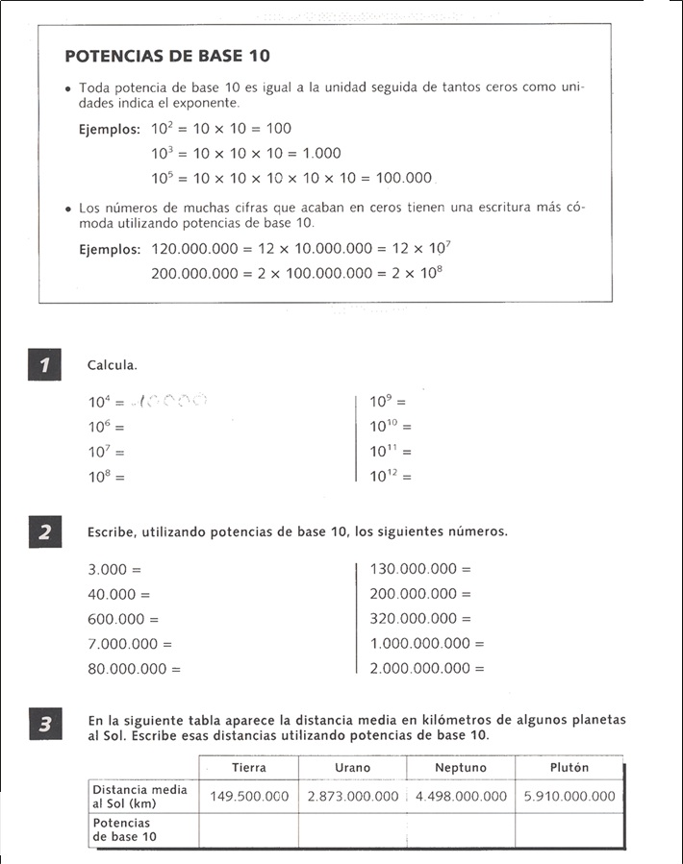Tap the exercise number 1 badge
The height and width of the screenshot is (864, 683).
(45, 365)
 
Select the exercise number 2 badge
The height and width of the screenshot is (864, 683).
(45, 531)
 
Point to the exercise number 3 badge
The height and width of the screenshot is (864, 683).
(45, 726)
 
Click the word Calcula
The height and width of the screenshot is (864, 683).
(113, 365)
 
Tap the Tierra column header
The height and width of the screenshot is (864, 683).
(249, 768)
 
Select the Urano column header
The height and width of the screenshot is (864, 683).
(352, 768)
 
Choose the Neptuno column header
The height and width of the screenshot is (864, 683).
(461, 768)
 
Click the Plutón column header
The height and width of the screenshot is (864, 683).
(569, 768)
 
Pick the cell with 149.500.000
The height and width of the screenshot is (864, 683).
(249, 796)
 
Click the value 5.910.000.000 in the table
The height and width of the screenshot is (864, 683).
(569, 796)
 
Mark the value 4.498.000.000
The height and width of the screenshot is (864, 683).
(461, 796)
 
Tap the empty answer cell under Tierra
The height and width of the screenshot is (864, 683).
(249, 829)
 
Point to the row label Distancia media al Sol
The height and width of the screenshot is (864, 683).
(139, 796)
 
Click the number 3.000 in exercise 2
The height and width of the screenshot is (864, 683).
(108, 569)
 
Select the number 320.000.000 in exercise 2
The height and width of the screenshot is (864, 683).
(414, 619)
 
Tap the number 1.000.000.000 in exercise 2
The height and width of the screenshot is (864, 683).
(420, 644)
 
